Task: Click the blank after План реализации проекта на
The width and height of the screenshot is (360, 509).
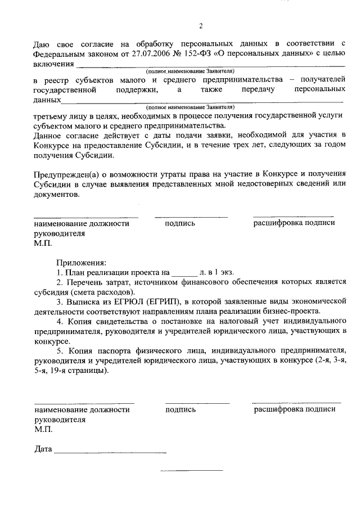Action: pyautogui.click(x=184, y=272)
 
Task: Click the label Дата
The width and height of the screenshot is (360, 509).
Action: pyautogui.click(x=43, y=450)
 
